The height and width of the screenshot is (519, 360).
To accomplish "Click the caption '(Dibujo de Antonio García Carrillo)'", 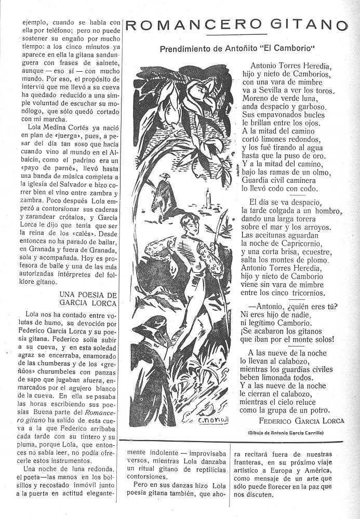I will pyautogui.click(x=296, y=432).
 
